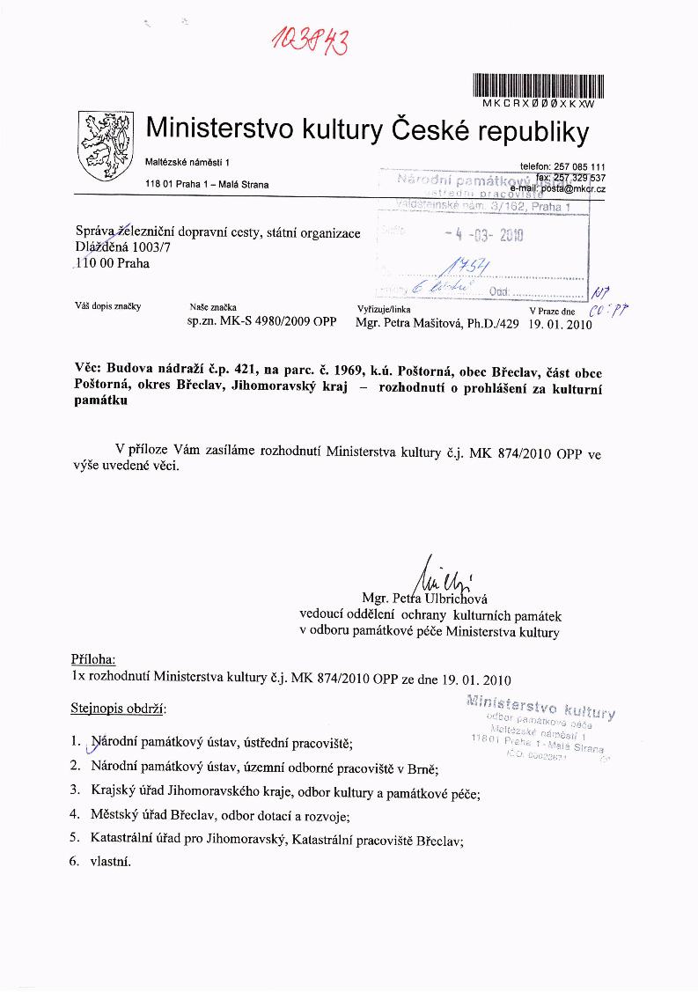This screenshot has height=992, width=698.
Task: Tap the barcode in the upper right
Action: click(x=539, y=85)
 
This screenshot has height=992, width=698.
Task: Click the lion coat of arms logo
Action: click(x=103, y=145)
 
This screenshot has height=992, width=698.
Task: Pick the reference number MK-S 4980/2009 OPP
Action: click(x=262, y=323)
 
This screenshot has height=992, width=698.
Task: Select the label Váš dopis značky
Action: click(x=108, y=306)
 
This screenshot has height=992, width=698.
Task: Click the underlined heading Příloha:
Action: click(x=92, y=659)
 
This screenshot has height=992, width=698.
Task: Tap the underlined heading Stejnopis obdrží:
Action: click(x=117, y=708)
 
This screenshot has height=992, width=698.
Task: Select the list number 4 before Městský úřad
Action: click(x=75, y=814)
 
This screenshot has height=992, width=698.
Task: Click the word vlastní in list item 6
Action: click(x=110, y=862)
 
